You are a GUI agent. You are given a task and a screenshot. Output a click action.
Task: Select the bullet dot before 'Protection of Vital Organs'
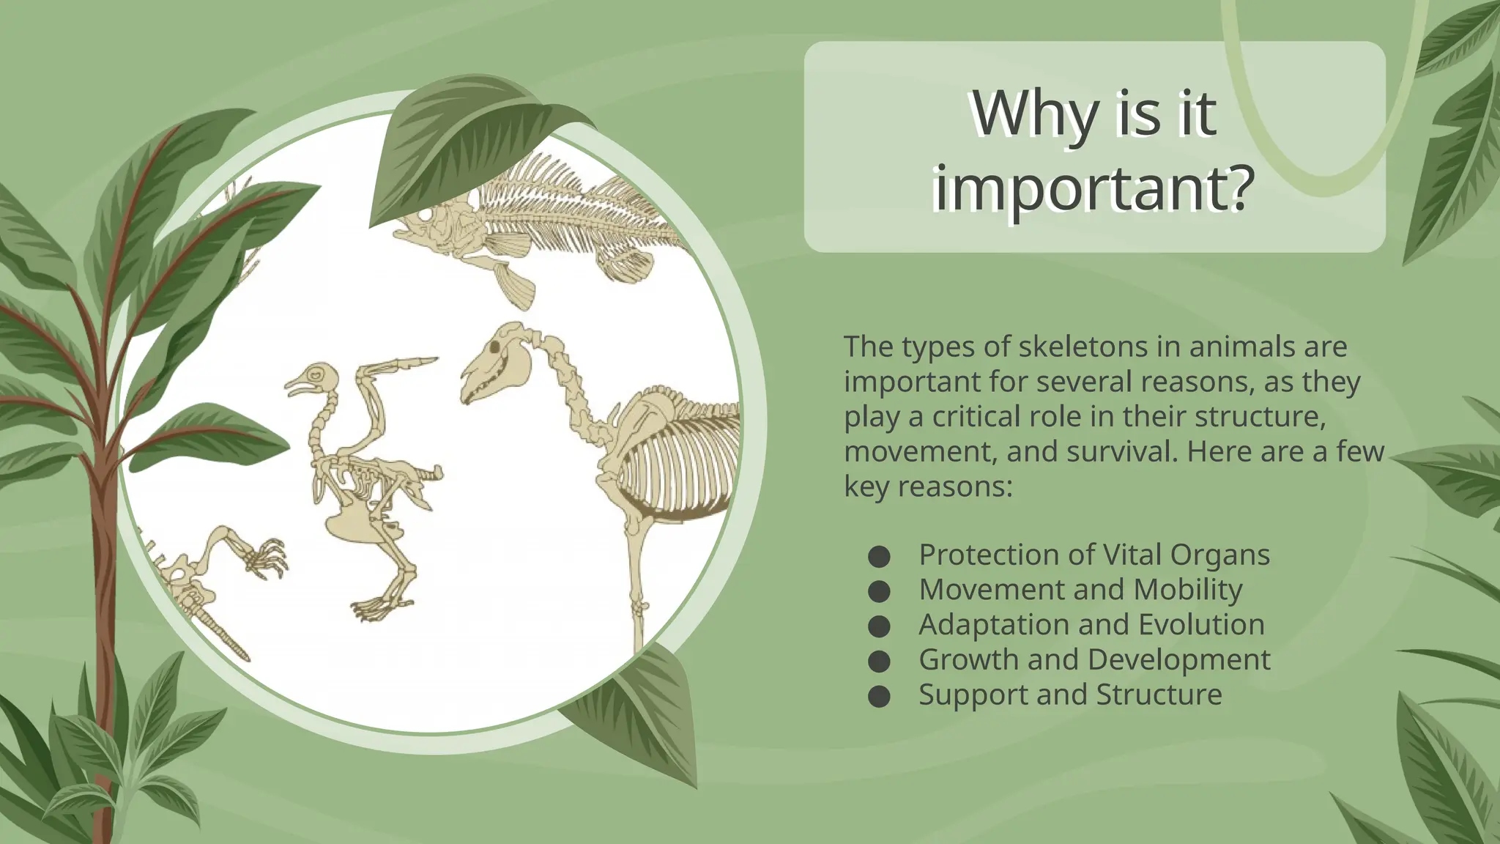point(879,557)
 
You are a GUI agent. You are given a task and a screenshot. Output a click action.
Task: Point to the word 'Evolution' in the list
point(1201,625)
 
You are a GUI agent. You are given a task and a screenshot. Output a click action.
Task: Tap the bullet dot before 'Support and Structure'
point(879,696)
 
